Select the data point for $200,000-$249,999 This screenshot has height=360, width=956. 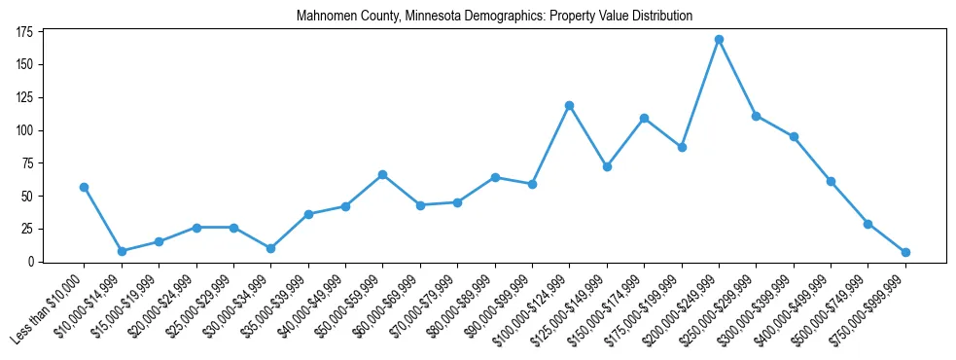point(719,40)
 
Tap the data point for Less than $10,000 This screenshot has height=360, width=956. point(85,187)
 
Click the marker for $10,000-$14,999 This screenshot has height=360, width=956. point(122,251)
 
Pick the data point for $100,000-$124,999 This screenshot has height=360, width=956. point(569,105)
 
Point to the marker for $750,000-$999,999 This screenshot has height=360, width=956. point(905,252)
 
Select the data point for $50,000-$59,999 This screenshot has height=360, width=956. point(383,174)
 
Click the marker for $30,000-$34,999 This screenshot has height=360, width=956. point(271,248)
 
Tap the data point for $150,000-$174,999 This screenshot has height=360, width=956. point(644,119)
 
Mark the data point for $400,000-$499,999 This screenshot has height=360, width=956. point(831,181)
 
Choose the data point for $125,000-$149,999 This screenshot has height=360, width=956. point(607,166)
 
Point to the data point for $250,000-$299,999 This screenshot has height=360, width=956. point(756,116)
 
